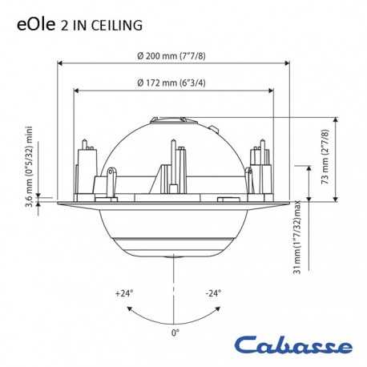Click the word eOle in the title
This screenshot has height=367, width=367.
[36, 25]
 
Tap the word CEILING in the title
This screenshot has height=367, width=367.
[117, 26]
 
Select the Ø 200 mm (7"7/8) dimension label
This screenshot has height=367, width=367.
[171, 56]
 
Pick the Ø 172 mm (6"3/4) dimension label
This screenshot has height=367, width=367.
[171, 83]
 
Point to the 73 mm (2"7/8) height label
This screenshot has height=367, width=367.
[325, 157]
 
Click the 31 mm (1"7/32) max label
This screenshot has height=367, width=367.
[296, 237]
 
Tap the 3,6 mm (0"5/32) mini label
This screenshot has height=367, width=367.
[29, 167]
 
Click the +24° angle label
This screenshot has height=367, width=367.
[124, 293]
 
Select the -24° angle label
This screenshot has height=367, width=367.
[213, 293]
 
